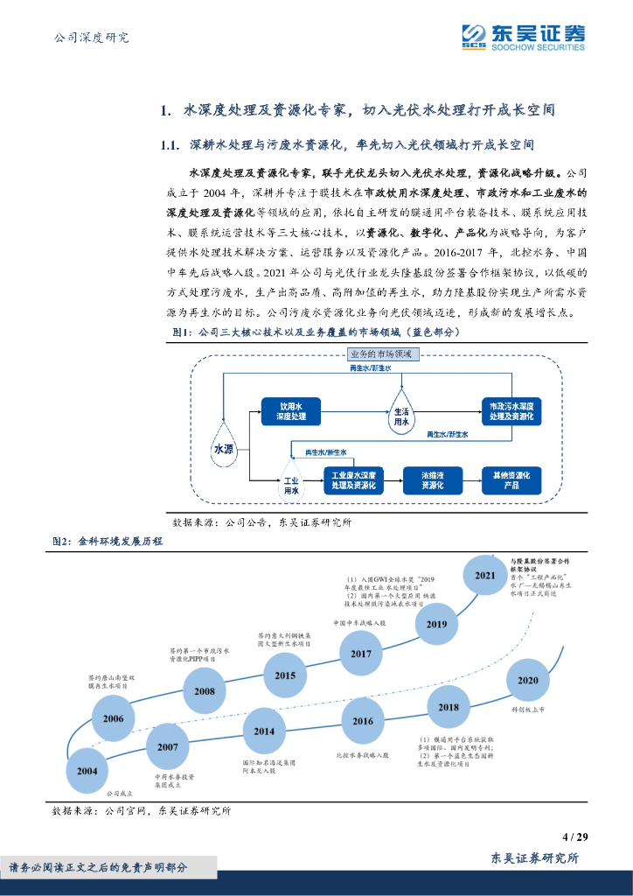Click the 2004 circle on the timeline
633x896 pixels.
[87, 772]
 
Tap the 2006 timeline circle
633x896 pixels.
[113, 717]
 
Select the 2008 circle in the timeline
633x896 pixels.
[205, 690]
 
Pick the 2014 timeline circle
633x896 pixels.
[264, 731]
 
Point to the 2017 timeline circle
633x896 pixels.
[360, 654]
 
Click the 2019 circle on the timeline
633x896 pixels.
[436, 624]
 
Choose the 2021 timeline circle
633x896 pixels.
[484, 575]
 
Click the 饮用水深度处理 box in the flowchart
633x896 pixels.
[291, 411]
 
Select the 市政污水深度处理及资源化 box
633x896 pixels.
[512, 411]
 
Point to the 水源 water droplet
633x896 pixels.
[224, 445]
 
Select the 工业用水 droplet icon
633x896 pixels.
[291, 485]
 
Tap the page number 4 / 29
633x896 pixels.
[575, 836]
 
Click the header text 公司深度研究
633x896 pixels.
[91, 38]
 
